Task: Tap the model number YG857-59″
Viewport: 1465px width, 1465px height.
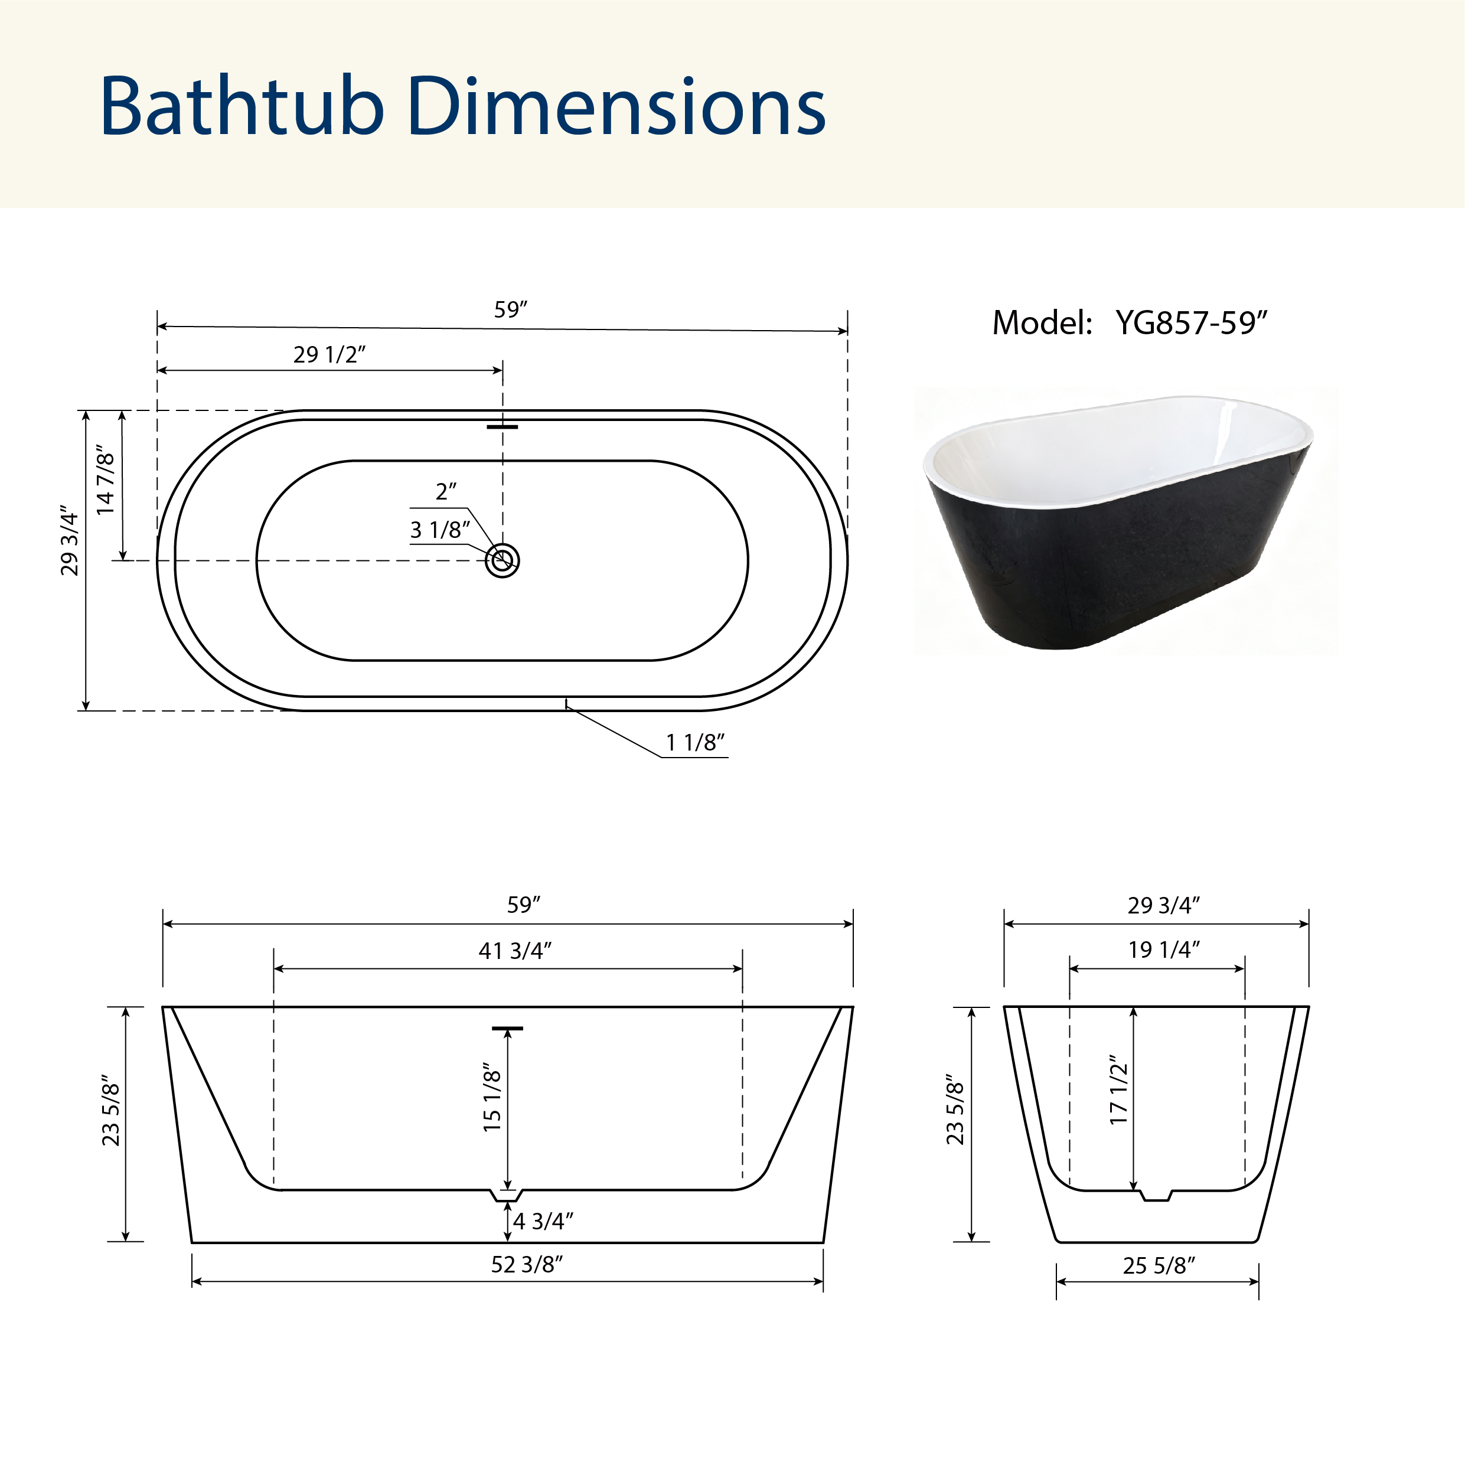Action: coord(1191,324)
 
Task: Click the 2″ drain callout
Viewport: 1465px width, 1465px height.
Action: coord(446,491)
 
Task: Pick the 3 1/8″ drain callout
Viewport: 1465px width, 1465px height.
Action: coord(440,530)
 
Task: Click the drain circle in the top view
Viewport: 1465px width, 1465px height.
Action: coord(502,560)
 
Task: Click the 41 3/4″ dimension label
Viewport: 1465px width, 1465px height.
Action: coord(515,950)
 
